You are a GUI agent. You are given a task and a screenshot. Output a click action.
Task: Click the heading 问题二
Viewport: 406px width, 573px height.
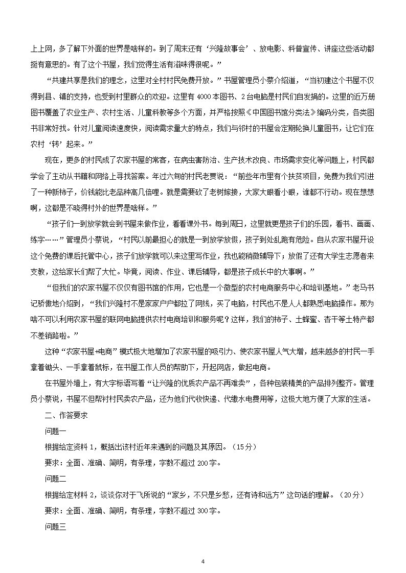point(56,479)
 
